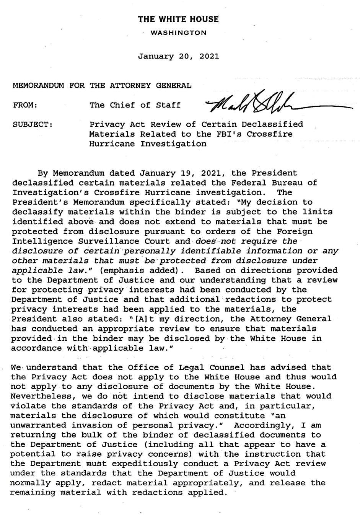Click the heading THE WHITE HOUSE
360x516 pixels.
(179, 19)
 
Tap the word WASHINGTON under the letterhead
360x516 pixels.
(179, 33)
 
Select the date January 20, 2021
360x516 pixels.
(179, 56)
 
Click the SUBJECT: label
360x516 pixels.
(32, 124)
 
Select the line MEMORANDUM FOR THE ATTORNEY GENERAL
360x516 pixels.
(102, 85)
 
